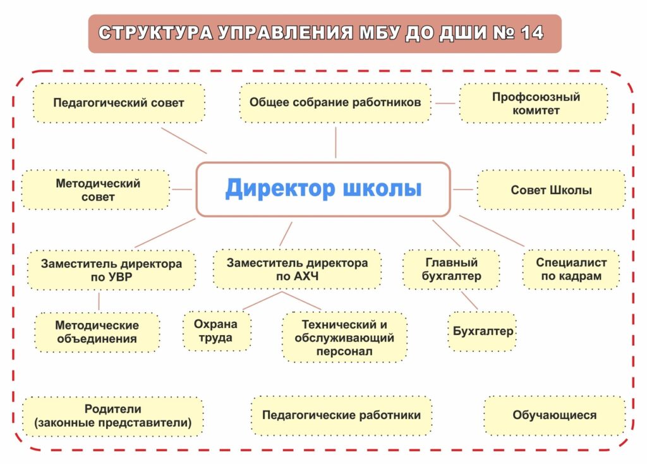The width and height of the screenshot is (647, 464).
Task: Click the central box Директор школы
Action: pos(323,189)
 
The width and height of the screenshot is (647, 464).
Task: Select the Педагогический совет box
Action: pos(119,103)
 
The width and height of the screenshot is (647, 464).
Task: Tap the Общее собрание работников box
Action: pos(335,103)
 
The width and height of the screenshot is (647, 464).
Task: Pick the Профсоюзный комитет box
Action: pos(533,103)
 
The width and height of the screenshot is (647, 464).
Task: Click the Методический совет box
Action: pos(96,190)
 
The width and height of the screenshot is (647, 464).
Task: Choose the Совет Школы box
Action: pos(551,190)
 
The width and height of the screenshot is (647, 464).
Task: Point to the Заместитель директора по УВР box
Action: pos(111,270)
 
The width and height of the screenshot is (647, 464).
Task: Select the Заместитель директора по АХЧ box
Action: pos(297,269)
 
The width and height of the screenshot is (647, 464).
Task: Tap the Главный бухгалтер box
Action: pos(451,269)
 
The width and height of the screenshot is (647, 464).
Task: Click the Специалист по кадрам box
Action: pos(571,269)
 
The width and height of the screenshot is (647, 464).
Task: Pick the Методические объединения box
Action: pos(97,333)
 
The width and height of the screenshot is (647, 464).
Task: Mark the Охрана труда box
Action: pos(217,331)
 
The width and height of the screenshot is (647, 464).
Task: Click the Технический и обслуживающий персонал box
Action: pos(344,338)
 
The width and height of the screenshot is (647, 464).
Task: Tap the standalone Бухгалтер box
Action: pos(482,331)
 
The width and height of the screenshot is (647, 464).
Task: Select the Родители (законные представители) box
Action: pos(113,416)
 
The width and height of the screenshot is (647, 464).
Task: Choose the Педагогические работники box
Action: pos(341,415)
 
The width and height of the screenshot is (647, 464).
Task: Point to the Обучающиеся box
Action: pos(555,415)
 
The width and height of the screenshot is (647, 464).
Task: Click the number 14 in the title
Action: pos(532,33)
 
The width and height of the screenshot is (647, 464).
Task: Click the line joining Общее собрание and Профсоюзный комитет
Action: pos(445,103)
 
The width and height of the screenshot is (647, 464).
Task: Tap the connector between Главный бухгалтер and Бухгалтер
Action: pos(469,300)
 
